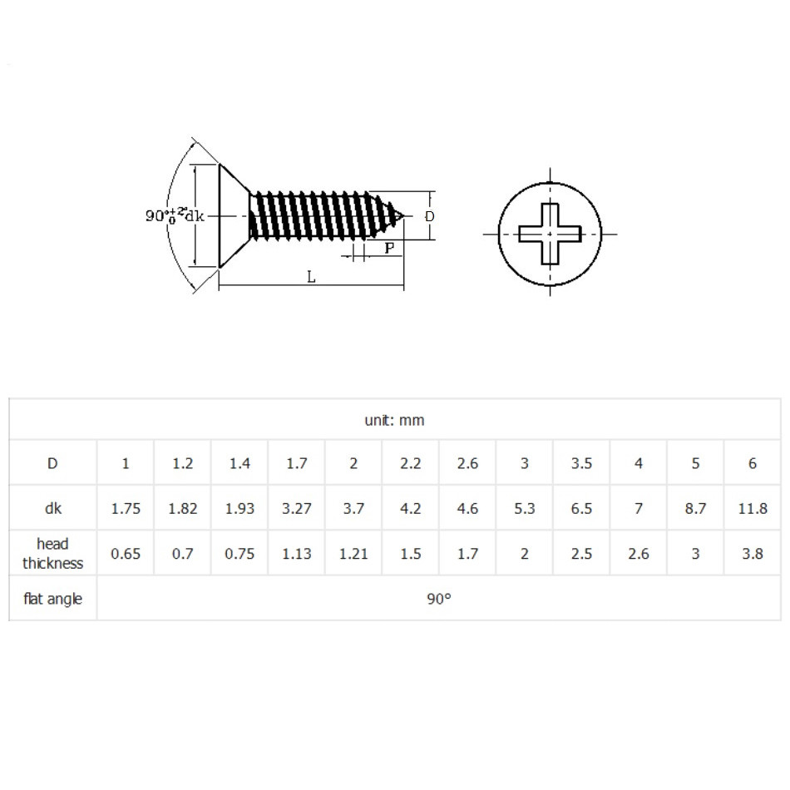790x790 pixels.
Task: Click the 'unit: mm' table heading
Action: tap(394, 420)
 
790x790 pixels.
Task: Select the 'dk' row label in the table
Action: tap(53, 508)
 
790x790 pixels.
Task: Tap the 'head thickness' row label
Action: tap(53, 553)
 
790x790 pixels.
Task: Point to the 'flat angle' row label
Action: tap(53, 599)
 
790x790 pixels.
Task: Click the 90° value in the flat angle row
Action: tap(439, 599)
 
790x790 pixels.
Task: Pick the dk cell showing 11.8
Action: tap(753, 508)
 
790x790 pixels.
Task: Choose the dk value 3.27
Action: tap(296, 508)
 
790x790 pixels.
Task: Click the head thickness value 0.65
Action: tap(126, 554)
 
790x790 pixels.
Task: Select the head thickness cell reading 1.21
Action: tap(353, 554)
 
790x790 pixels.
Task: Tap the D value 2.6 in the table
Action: tap(467, 463)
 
